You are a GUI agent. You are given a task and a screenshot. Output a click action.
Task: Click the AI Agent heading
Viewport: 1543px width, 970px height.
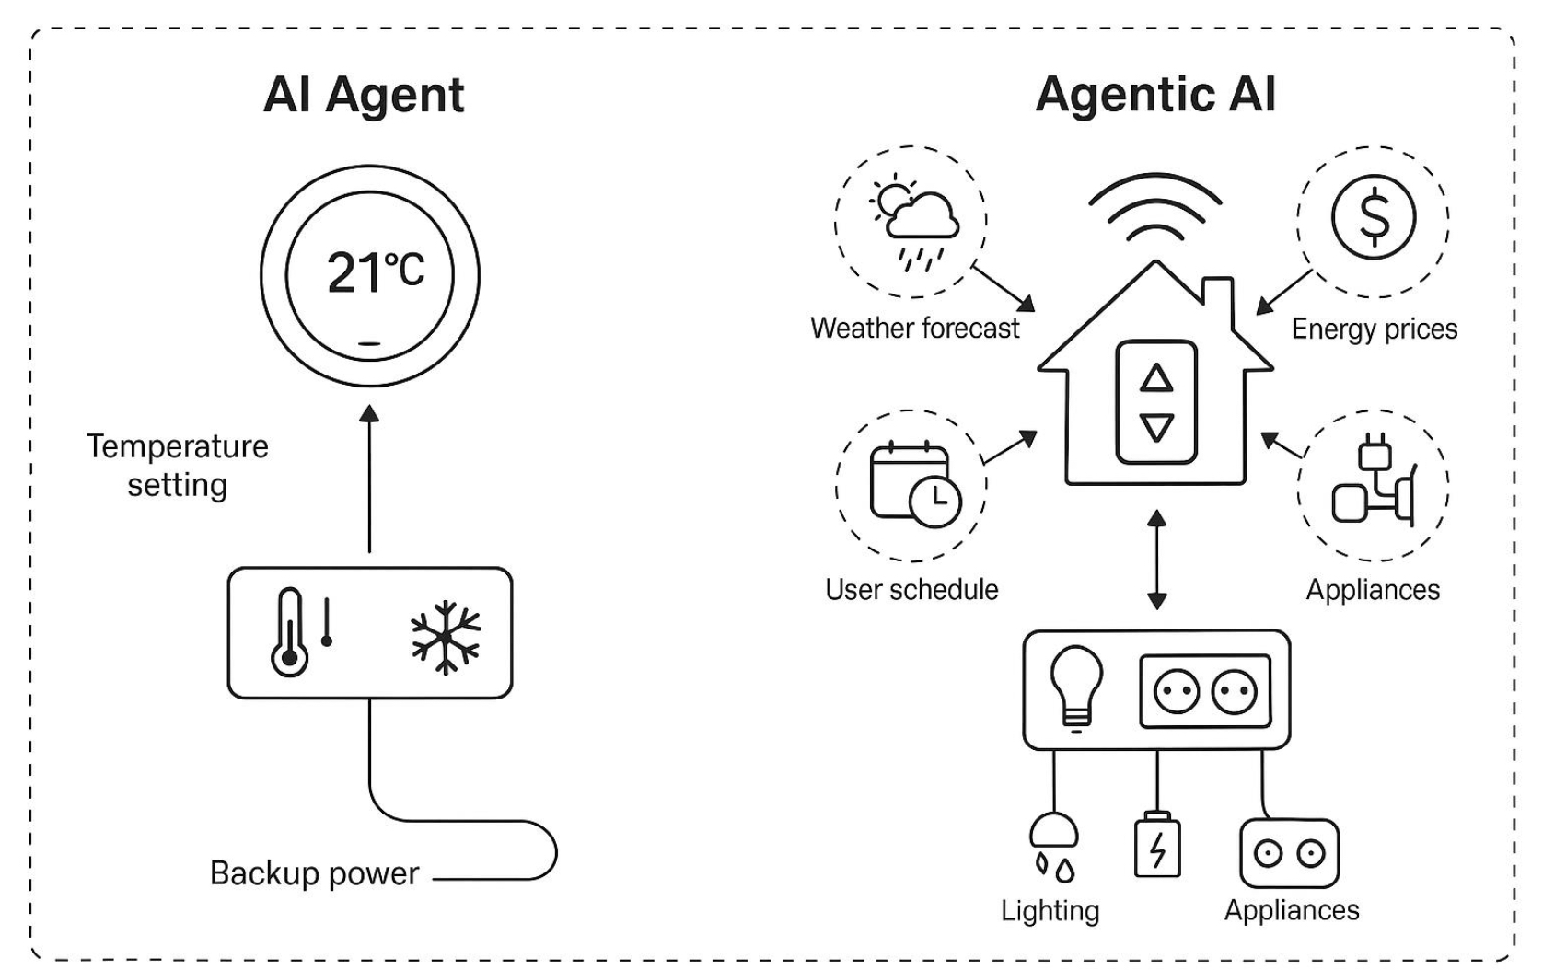[x=364, y=95]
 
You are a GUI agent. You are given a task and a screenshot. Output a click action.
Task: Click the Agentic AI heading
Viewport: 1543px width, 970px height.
[x=1155, y=95]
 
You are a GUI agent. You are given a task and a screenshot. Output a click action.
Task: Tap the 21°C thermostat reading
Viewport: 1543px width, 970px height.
[x=376, y=273]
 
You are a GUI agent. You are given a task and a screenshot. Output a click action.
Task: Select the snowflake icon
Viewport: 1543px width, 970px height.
[x=446, y=637]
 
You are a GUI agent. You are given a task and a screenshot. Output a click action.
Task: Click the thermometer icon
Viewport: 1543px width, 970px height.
[x=290, y=633]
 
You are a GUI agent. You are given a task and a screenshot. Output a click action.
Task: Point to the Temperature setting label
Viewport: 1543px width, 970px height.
[x=178, y=466]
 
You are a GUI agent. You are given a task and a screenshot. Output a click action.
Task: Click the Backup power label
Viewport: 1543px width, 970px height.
[x=314, y=872]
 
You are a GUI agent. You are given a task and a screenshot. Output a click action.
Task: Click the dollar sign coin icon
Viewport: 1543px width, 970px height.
[x=1374, y=218]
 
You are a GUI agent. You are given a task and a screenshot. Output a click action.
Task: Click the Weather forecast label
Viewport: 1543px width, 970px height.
[x=915, y=329]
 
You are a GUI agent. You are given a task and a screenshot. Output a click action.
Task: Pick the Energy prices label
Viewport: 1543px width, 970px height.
[x=1374, y=329]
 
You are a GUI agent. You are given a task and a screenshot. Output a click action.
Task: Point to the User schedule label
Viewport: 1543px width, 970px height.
[x=911, y=589]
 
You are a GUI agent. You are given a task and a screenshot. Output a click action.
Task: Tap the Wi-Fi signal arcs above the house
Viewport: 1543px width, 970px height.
[x=1155, y=207]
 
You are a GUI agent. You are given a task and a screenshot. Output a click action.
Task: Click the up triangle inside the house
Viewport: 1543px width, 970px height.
[x=1156, y=378]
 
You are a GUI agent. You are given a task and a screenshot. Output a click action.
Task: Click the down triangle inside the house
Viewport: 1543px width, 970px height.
[x=1156, y=427]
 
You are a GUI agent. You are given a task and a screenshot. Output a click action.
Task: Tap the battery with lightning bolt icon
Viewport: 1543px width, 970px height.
[x=1157, y=845]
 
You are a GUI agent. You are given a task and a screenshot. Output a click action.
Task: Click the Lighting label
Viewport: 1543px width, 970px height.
[x=1050, y=910]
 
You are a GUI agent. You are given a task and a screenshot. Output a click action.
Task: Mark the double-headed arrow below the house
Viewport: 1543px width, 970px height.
[x=1157, y=560]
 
